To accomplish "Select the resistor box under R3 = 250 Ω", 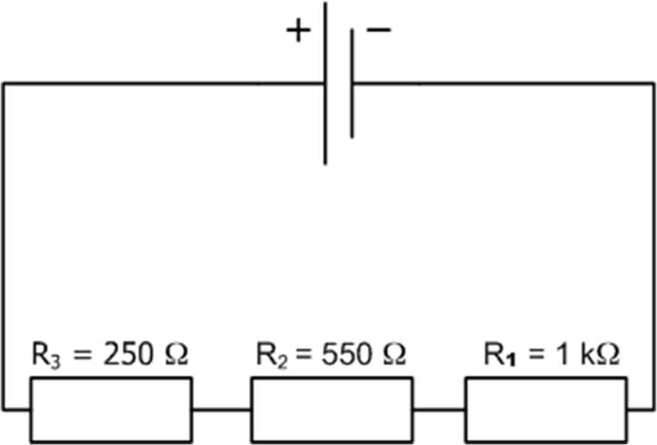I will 111,410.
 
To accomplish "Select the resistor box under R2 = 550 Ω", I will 331,410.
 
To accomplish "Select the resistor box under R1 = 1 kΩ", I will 546,410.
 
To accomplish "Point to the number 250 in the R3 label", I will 128,355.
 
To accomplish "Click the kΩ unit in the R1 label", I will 599,355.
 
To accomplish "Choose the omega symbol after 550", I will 392,355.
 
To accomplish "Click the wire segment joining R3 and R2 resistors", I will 221,410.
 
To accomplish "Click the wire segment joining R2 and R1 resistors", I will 438,410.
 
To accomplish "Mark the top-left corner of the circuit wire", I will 3,83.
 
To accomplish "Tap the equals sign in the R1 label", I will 533,356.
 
